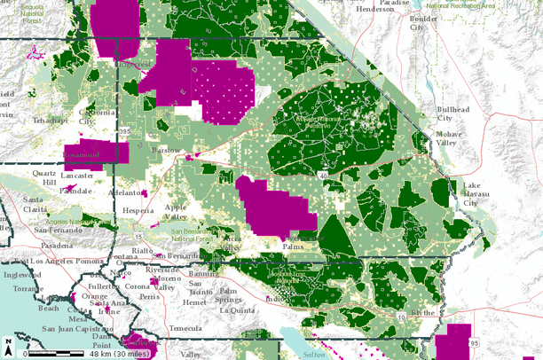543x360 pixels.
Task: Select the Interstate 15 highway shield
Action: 139,238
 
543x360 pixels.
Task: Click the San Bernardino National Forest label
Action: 200,234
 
